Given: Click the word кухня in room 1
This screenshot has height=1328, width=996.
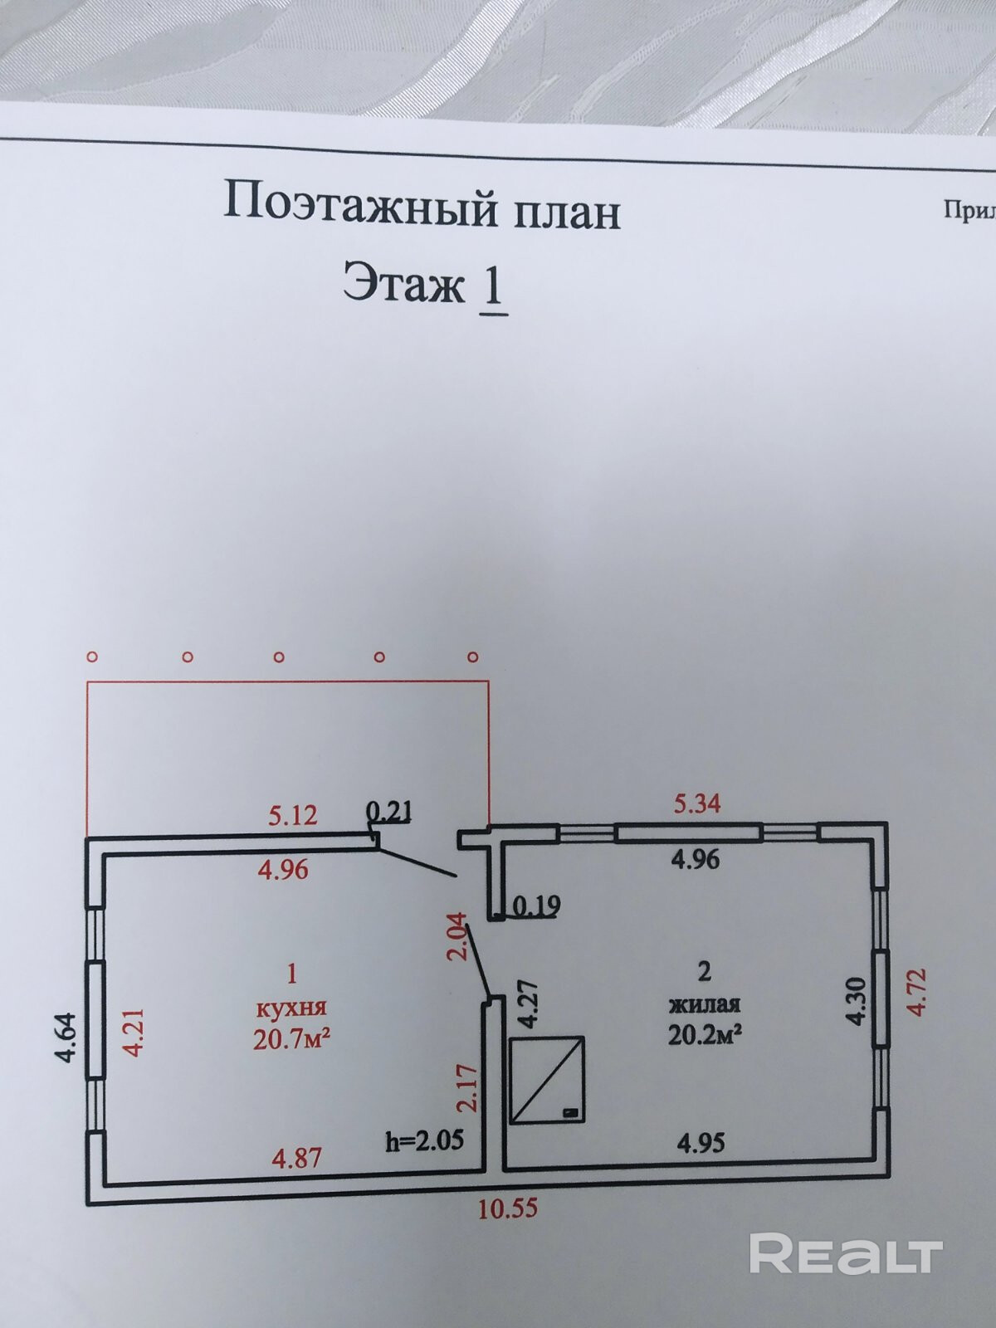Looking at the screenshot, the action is [291, 1008].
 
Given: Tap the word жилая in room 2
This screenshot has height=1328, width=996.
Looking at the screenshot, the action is [705, 1004].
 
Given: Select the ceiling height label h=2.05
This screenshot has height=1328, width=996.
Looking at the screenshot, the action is [423, 1141].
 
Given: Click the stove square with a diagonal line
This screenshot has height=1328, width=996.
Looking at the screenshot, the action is [547, 1080].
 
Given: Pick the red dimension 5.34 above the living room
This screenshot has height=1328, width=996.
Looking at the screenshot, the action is [696, 803].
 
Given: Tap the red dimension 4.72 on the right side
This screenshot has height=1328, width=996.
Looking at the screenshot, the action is [916, 992].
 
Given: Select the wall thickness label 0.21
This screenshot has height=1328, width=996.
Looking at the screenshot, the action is [389, 811].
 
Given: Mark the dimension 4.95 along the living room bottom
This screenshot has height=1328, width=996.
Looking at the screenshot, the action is [701, 1143].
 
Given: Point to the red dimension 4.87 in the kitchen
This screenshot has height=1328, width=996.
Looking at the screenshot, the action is [297, 1156].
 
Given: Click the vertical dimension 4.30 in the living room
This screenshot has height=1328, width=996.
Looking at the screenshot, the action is [857, 1001].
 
